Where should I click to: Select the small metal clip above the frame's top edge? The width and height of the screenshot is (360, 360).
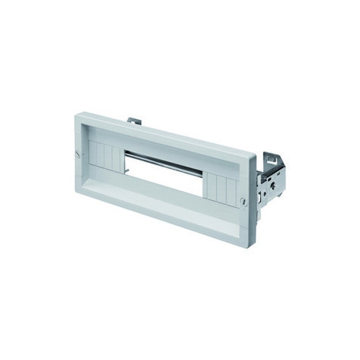(x=134, y=121)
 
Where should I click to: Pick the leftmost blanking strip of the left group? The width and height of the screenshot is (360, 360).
(x=93, y=153)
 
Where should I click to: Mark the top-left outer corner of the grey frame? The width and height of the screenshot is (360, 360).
(x=75, y=115)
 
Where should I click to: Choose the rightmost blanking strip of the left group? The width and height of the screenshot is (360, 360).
(x=116, y=159)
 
